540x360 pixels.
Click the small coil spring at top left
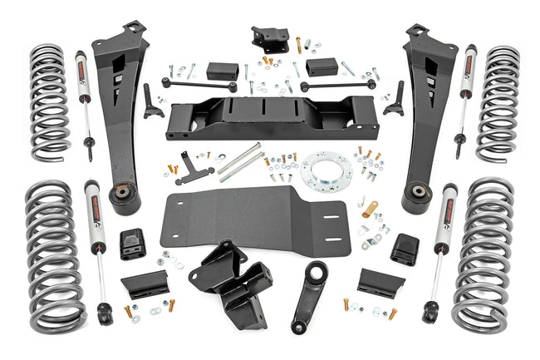[51, 101]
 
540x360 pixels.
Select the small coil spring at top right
[498, 102]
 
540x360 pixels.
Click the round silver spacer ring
[326, 170]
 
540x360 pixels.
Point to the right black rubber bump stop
[404, 247]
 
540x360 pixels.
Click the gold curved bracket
[369, 208]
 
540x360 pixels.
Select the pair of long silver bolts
[241, 160]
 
